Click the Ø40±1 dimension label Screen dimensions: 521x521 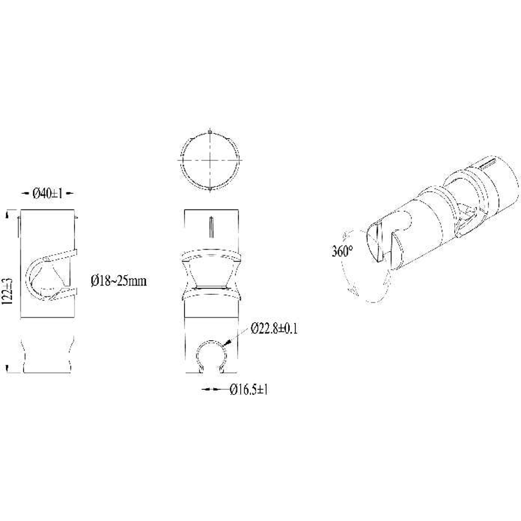click(x=47, y=193)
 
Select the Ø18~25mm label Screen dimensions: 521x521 click(x=119, y=281)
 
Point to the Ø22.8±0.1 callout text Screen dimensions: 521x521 click(x=275, y=328)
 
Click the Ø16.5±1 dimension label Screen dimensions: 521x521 click(x=249, y=389)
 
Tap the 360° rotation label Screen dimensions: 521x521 click(x=342, y=251)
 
